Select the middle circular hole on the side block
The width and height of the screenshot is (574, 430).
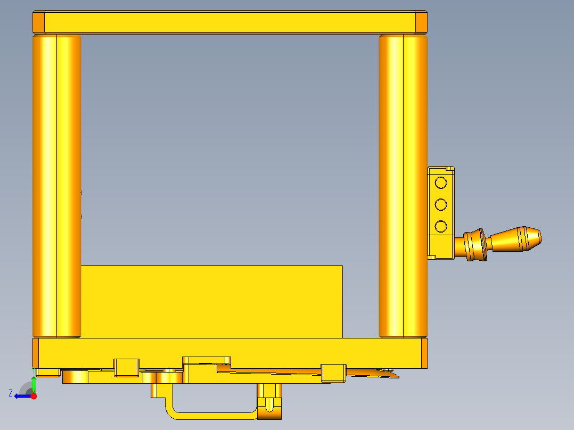[440, 205]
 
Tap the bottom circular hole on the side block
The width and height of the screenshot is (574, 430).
[440, 227]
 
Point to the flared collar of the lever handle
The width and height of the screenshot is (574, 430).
[475, 245]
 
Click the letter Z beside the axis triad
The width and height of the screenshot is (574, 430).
[11, 393]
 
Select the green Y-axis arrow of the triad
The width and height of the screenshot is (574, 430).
[34, 384]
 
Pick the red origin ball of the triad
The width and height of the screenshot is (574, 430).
[34, 396]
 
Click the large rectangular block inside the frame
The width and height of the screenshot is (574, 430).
[211, 301]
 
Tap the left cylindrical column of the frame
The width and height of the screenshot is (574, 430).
[56, 186]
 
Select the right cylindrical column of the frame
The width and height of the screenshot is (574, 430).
[403, 186]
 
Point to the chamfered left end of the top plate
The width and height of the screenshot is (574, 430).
[38, 22]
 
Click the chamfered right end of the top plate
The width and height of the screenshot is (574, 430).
[421, 22]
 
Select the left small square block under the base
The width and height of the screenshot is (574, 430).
[127, 368]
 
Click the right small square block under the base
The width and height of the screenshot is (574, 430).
[334, 373]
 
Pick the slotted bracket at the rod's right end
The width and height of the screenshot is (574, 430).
[269, 402]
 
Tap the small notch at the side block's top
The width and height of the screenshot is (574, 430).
[450, 169]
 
